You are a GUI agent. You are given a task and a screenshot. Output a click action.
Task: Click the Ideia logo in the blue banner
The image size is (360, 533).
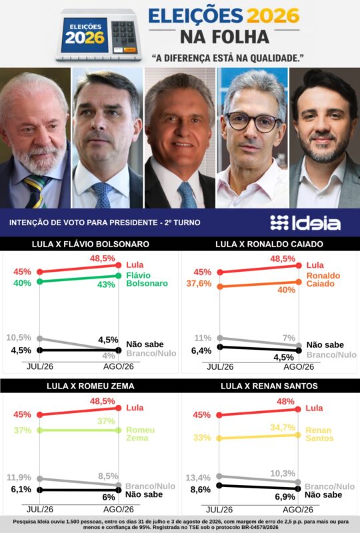[x=305, y=223]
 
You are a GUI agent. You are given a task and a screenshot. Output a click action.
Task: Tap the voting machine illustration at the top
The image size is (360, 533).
[x=99, y=35]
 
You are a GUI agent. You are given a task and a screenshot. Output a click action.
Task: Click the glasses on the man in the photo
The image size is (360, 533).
[x=253, y=121]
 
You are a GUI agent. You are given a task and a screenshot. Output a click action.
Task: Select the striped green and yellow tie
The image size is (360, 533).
[x=35, y=191]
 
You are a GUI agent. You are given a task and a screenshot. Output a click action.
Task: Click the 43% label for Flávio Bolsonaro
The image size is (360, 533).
[x=106, y=284]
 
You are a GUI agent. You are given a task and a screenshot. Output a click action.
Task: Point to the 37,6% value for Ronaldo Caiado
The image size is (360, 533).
[x=199, y=283]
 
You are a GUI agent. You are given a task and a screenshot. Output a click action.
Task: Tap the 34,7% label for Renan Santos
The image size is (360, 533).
[x=283, y=427]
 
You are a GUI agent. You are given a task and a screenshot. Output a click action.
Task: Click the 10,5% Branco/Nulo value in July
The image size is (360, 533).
[x=19, y=338]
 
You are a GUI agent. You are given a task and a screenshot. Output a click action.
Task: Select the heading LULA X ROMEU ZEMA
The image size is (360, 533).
[x=91, y=386]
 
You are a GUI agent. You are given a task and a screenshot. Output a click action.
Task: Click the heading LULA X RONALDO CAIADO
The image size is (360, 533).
[x=269, y=244]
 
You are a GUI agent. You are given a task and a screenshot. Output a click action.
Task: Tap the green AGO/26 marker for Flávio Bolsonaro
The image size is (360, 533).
[x=119, y=276]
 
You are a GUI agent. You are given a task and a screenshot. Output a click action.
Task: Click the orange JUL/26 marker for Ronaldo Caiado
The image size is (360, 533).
[x=220, y=286]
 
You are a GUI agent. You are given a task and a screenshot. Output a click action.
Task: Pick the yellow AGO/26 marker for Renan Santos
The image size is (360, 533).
[x=298, y=435]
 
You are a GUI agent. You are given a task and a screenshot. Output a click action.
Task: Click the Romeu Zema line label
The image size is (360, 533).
[x=140, y=434]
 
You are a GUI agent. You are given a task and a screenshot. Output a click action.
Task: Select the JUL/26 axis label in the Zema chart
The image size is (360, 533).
[x=40, y=509]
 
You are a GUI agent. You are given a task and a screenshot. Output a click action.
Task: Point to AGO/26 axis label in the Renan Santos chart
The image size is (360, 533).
[x=298, y=510]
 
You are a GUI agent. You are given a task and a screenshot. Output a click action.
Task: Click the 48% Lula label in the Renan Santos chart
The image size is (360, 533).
[x=285, y=402]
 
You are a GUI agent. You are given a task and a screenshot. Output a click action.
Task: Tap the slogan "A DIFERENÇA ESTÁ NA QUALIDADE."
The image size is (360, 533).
[x=227, y=58]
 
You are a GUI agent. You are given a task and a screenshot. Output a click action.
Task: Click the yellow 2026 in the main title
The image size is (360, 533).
[x=273, y=15]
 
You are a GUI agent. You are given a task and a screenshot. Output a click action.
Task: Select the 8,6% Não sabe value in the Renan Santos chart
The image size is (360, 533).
[x=201, y=490]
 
